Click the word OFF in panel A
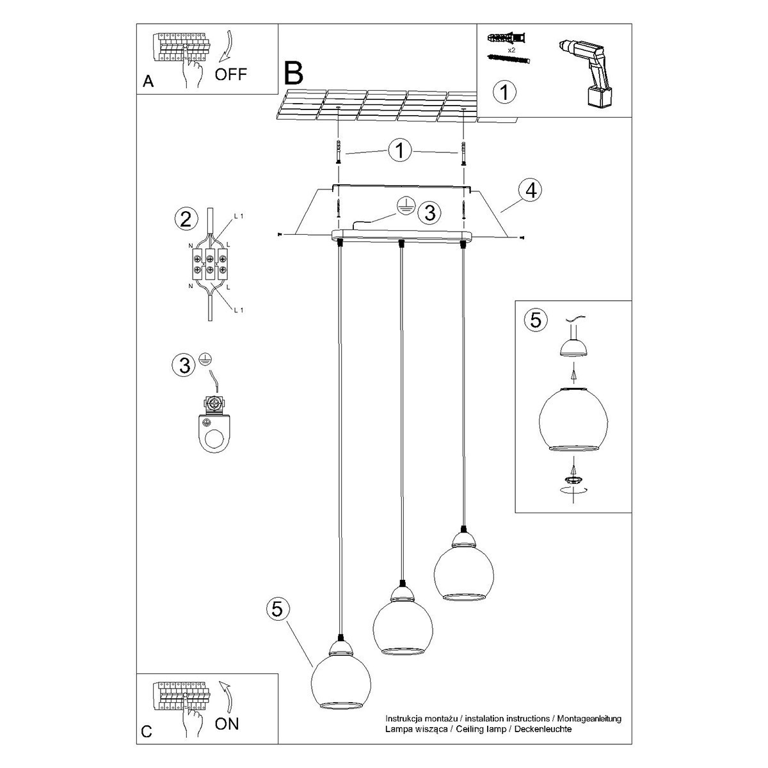[x=230, y=74]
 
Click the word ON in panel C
[x=227, y=724]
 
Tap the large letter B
[x=293, y=74]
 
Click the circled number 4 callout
[x=530, y=190]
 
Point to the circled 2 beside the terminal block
[x=186, y=220]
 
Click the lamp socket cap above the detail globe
[x=573, y=346]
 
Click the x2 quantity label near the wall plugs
[x=511, y=49]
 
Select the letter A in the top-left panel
[x=148, y=81]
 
